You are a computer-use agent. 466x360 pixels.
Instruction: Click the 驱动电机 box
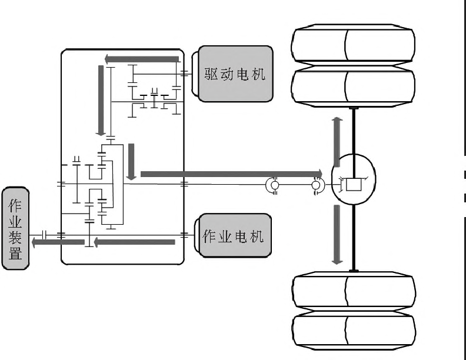click(x=235, y=74)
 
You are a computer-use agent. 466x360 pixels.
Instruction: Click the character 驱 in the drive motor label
click(x=211, y=74)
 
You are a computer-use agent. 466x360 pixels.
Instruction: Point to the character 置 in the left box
click(x=15, y=254)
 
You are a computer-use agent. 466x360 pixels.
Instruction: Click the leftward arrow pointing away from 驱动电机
click(x=142, y=59)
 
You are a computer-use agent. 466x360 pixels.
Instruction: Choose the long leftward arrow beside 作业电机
click(x=135, y=241)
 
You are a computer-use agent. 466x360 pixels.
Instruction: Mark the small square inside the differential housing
click(x=354, y=184)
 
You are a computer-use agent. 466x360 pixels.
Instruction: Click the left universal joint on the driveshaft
click(x=274, y=185)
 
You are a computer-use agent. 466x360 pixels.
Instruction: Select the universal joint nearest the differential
click(x=316, y=185)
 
